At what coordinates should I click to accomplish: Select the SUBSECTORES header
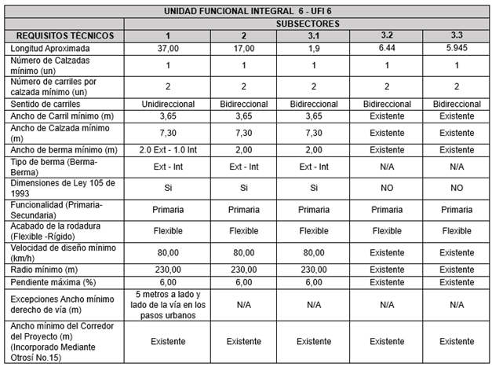tap(308, 24)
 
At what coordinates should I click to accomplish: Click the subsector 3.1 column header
tap(313, 36)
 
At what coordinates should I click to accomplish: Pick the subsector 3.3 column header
tap(456, 36)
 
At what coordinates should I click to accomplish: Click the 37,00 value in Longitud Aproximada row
tap(167, 49)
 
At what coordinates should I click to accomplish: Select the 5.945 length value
tap(456, 49)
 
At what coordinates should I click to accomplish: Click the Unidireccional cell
tap(167, 104)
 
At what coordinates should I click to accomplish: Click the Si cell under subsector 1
tap(167, 189)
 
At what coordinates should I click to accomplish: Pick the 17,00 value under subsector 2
tap(242, 49)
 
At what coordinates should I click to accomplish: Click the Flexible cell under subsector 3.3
tap(456, 231)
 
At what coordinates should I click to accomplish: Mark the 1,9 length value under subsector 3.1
tap(313, 49)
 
